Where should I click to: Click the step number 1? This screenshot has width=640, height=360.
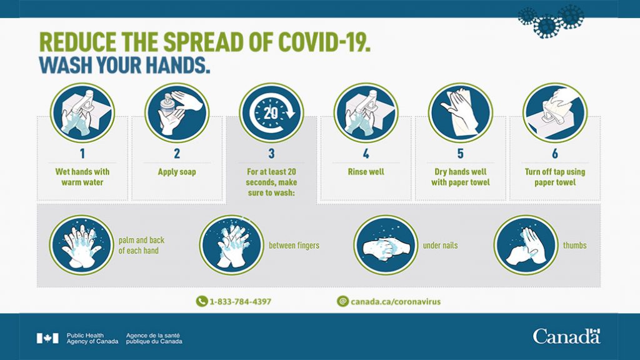click(x=82, y=154)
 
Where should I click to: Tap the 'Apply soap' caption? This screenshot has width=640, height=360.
click(x=177, y=172)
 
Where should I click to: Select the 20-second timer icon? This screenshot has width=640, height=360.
click(x=271, y=112)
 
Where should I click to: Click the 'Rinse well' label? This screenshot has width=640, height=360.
click(x=366, y=172)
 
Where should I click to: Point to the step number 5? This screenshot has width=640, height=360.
click(x=461, y=154)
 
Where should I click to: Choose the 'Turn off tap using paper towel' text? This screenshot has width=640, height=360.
click(x=555, y=177)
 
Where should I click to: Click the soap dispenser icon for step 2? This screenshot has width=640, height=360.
click(x=177, y=112)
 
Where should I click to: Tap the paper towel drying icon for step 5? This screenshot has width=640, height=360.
click(x=461, y=112)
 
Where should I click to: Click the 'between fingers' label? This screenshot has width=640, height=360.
click(x=294, y=245)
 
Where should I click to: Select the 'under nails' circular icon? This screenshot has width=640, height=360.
click(x=386, y=245)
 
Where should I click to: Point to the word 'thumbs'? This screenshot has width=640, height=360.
click(x=575, y=245)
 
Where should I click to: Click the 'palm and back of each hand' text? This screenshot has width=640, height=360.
click(x=141, y=245)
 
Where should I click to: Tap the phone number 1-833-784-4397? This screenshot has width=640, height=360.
click(x=241, y=302)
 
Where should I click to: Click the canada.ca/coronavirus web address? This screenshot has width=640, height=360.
click(x=396, y=302)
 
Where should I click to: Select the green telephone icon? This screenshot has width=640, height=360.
click(x=202, y=301)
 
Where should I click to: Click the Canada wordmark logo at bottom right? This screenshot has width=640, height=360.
click(x=566, y=337)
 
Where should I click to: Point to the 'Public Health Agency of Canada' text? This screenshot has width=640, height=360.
click(x=92, y=338)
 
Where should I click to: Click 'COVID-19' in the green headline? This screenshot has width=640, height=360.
click(x=324, y=42)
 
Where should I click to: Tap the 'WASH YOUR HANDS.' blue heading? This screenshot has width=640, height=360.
click(x=124, y=65)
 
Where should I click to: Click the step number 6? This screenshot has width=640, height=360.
click(x=555, y=154)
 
